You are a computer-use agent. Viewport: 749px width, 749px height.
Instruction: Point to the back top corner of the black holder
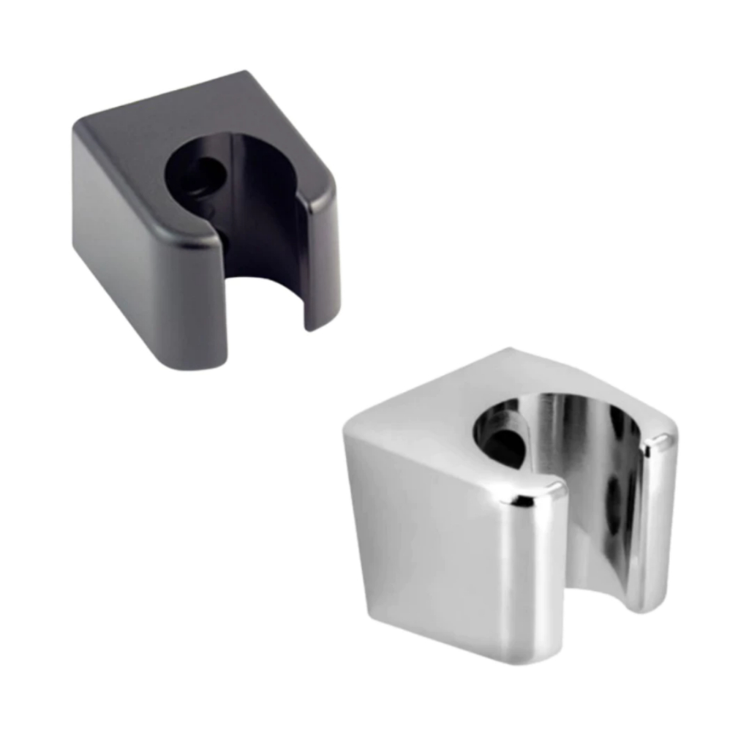244,74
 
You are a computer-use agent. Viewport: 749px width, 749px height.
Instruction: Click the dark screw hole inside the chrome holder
505,446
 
